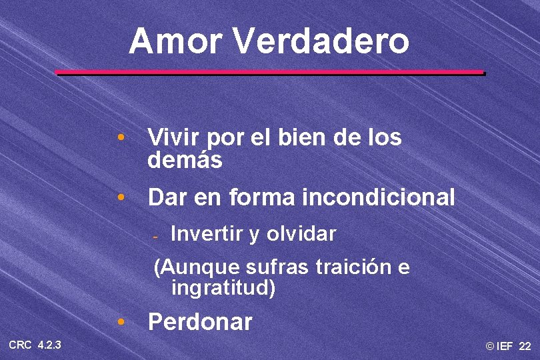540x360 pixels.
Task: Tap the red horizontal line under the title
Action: (269, 72)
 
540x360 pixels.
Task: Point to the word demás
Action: (185, 161)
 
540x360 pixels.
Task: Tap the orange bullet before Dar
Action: (120, 198)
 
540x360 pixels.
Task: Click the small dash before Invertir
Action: (154, 236)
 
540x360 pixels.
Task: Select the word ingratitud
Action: (223, 289)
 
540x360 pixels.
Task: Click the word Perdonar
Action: (200, 323)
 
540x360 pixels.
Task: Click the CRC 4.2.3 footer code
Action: (35, 345)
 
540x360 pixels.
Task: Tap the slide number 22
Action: (525, 346)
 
